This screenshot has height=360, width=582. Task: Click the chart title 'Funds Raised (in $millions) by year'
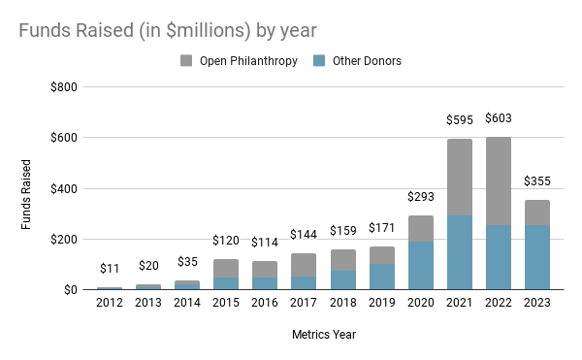pos(168,30)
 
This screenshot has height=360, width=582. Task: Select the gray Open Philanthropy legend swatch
pos(186,60)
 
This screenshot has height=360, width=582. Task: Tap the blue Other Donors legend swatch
pos(319,60)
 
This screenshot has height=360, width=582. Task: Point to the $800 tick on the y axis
pos(64,87)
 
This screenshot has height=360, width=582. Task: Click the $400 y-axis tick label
pos(64,189)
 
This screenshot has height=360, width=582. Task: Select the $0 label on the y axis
pos(71,290)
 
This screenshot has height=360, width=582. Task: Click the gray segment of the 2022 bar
pos(499,181)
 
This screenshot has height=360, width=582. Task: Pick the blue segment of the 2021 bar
pos(460,252)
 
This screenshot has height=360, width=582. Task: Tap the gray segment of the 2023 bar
pos(537,213)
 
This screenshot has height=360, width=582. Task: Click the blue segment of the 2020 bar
pos(421,265)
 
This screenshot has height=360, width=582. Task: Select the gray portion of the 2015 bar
pos(226,269)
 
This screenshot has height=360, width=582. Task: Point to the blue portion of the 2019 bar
pos(382,277)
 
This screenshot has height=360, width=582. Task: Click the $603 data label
pos(499,118)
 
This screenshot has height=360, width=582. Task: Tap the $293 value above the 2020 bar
pos(421,196)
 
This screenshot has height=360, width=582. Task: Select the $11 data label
pos(110,269)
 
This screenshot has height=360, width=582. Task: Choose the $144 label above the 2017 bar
pos(304,235)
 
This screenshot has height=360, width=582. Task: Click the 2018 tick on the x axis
pos(343,303)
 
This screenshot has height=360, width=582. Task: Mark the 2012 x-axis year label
pos(110,303)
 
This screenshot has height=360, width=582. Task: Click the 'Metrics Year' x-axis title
pos(324,335)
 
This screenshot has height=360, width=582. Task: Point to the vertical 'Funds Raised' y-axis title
pos(25,194)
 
